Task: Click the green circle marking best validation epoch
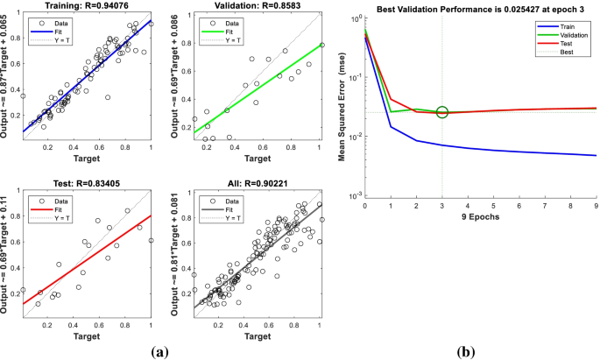point(442,112)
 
